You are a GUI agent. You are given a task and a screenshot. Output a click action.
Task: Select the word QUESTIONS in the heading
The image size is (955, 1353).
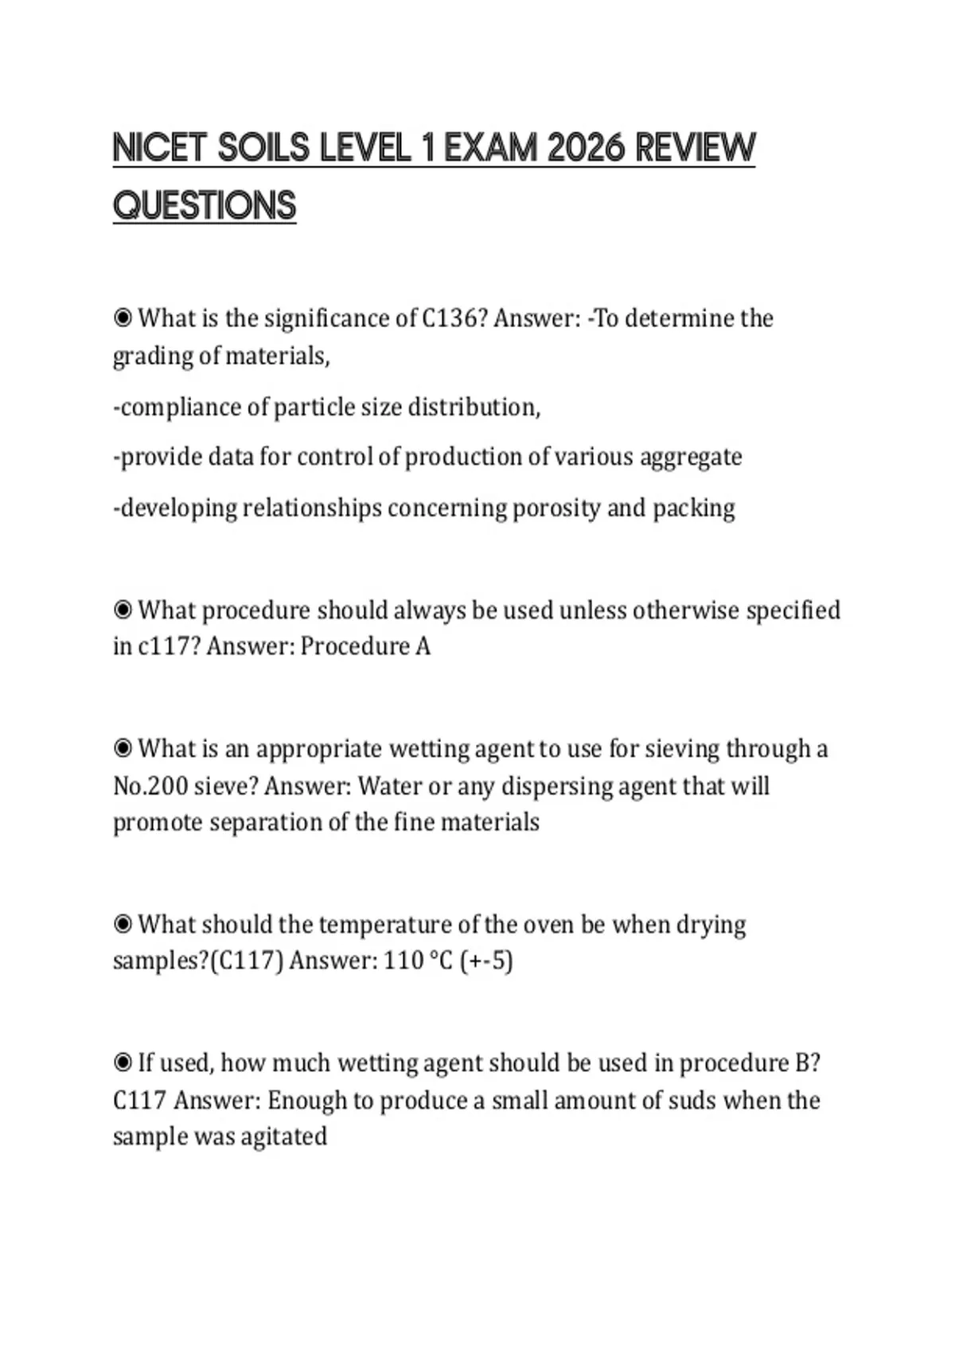(x=205, y=205)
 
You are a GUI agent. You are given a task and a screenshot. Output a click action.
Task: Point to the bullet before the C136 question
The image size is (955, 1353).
(x=123, y=318)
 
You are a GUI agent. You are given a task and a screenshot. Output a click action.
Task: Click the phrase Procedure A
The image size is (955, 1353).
(x=365, y=646)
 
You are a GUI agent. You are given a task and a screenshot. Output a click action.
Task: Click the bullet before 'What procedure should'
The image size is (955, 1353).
(x=123, y=610)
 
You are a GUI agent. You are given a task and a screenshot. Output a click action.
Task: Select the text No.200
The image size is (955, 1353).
(x=145, y=786)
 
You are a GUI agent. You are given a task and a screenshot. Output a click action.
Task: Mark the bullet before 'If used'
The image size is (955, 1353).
(x=123, y=1063)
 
